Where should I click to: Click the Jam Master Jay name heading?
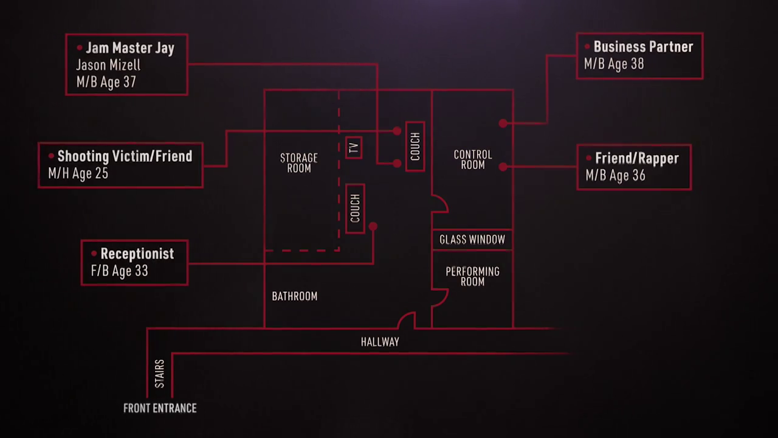129,48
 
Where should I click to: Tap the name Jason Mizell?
108,65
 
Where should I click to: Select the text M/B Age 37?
106,82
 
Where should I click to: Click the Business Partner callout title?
643,47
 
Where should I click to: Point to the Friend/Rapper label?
636,159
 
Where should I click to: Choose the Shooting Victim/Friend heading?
125,156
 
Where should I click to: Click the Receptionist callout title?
137,254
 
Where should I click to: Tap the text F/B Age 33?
119,271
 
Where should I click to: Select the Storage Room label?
299,163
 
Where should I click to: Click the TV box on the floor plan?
354,148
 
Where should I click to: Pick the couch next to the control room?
415,147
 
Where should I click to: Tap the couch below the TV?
355,208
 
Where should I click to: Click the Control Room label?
473,160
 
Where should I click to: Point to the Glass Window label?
472,240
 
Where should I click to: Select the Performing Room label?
472,276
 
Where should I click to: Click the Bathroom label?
295,296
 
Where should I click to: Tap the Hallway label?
380,342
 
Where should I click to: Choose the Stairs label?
159,374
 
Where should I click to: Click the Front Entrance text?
160,408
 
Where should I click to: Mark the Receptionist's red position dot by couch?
373,226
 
